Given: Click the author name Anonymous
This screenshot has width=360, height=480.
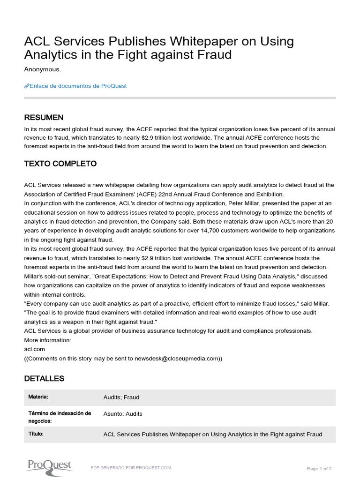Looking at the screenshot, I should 42,69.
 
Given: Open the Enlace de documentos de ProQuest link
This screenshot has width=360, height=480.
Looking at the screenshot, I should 78,86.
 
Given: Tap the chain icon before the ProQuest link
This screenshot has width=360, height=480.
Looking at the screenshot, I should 26,86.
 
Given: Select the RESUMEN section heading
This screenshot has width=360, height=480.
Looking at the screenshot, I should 44,117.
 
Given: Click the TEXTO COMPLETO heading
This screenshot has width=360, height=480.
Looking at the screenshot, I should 60,164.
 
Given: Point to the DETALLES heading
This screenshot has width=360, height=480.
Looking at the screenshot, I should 44,378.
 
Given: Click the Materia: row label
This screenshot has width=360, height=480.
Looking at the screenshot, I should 38,397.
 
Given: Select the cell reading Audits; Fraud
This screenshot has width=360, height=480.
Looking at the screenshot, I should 121,397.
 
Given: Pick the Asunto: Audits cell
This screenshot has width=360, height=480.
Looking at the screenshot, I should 123,414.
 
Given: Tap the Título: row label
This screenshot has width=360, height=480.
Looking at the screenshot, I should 36,434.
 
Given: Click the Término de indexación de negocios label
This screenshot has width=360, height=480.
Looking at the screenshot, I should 59,417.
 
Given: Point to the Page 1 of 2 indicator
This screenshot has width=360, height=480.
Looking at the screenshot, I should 319,468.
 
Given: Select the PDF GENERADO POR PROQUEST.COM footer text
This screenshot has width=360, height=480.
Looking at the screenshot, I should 131,468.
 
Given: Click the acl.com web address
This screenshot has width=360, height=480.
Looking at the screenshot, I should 35,349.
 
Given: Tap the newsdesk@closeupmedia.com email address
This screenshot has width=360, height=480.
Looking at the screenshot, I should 177,359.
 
